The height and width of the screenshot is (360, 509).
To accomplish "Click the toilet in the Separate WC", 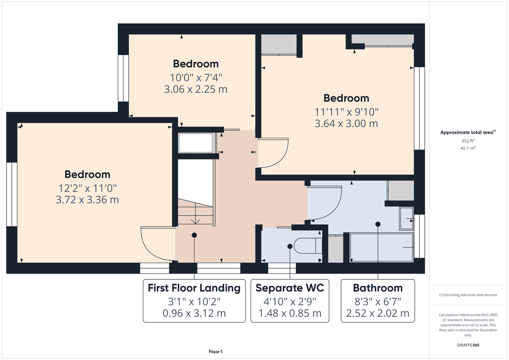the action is [308, 246].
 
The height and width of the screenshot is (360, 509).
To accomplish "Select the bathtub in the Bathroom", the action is [381, 247].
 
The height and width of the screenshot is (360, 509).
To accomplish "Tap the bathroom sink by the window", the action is [407, 219].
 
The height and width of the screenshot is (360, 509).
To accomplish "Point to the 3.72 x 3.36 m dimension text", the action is [87, 200].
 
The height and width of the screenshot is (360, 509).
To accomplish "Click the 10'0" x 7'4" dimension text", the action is [196, 78].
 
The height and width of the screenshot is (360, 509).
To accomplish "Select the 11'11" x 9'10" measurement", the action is [346, 112].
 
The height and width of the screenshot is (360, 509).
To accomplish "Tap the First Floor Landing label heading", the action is [194, 288].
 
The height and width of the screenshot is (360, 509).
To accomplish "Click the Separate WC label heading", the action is [290, 288].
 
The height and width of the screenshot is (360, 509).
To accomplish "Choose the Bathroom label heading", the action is [378, 288].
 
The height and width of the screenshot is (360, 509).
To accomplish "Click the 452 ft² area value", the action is [468, 141].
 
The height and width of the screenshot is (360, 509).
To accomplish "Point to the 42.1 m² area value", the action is [468, 148].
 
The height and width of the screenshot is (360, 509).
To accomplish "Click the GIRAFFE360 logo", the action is [468, 345].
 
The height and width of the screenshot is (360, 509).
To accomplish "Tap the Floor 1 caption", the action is [216, 352].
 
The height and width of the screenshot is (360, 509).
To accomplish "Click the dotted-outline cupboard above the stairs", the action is [195, 143].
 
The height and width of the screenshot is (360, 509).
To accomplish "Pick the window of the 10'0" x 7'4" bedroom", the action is [123, 78].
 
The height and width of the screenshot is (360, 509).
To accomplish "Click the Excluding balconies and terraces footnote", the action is [468, 295].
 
